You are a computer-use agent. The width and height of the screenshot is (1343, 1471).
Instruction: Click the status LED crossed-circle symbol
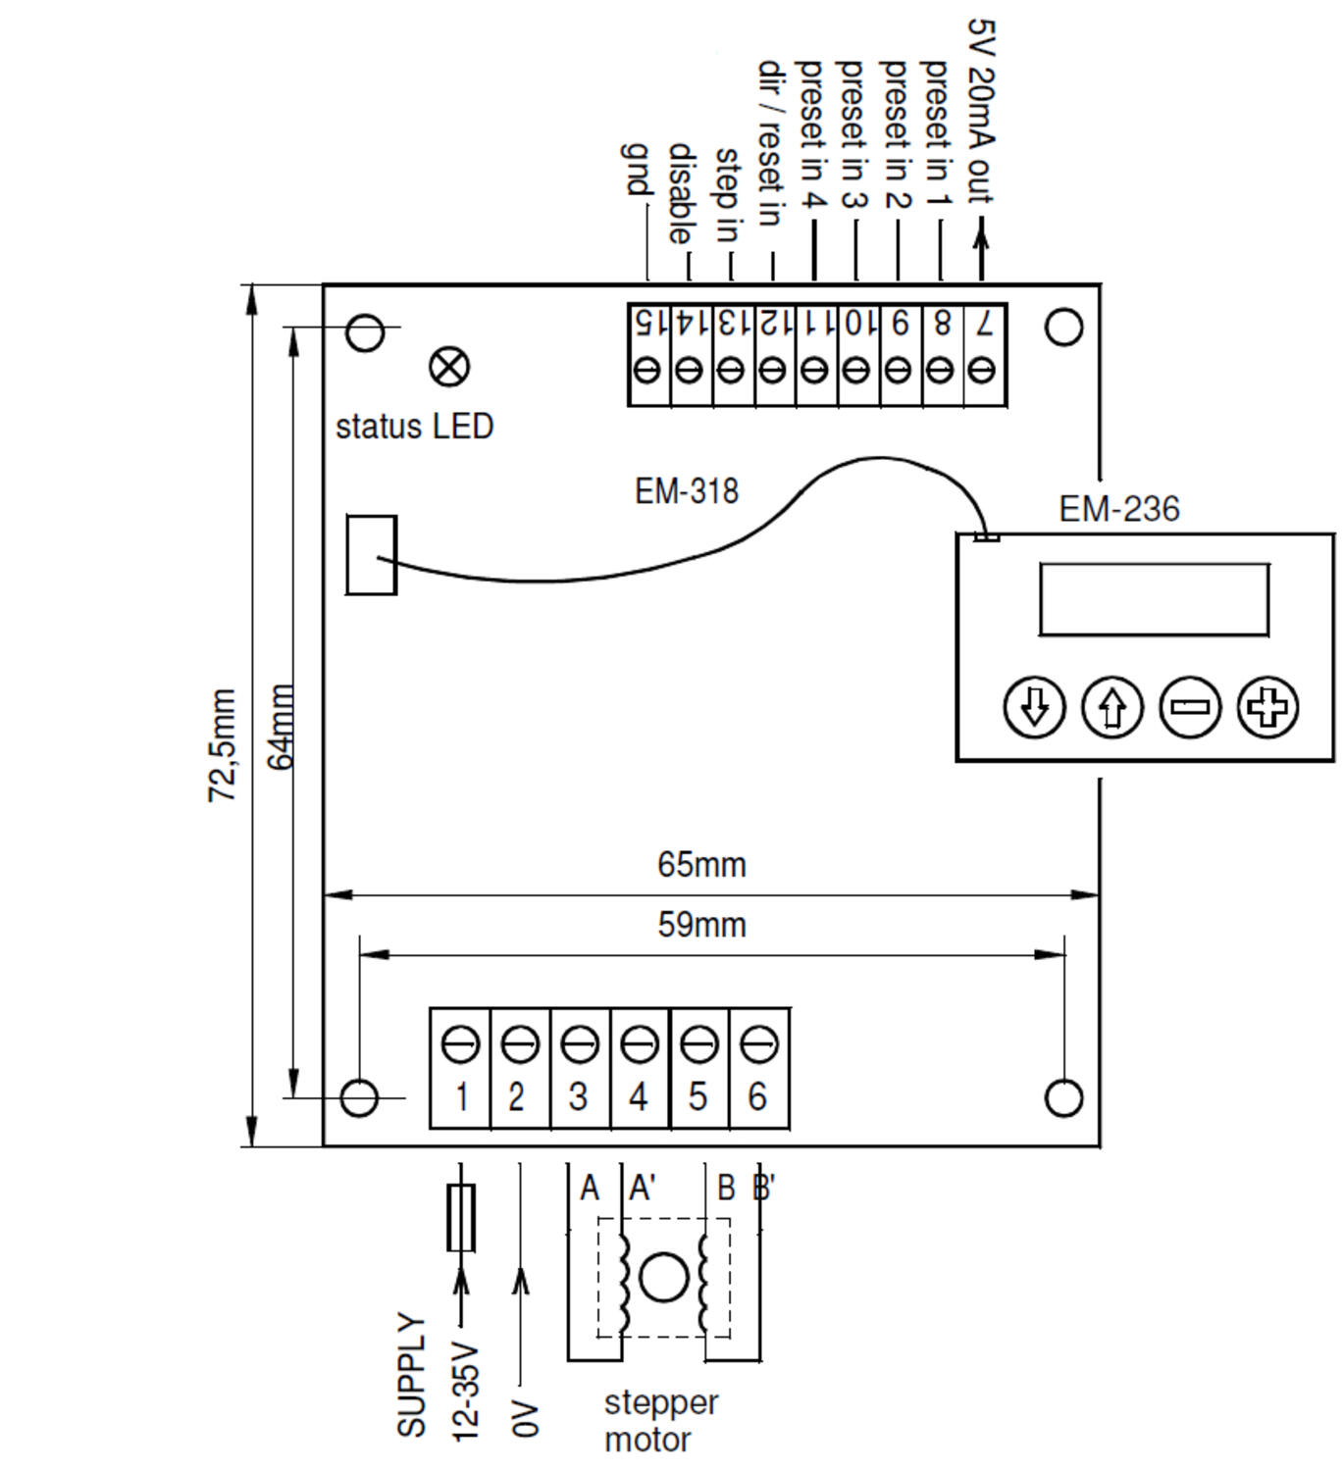449,367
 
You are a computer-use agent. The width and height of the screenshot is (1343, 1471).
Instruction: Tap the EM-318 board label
686,491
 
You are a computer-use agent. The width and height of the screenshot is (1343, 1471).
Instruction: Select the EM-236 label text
1118,509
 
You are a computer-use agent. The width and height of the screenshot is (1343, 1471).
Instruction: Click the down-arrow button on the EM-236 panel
1034,706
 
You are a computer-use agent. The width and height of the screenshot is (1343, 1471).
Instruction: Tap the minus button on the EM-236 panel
1190,706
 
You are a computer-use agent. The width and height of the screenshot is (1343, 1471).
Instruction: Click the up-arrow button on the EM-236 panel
1111,706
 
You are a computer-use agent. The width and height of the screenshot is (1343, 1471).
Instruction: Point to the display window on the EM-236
1154,599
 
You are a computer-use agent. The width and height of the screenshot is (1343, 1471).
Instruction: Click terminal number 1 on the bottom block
461,1096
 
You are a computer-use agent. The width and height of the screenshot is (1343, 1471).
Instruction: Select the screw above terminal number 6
757,1044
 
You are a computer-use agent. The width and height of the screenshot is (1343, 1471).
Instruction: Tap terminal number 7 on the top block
984,323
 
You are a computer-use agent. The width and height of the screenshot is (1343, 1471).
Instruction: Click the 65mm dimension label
701,865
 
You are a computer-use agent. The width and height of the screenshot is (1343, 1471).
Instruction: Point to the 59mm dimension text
701,925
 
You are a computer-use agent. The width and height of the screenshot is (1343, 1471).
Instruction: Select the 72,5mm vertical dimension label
223,745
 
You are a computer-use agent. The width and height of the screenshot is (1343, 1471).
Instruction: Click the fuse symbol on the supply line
461,1217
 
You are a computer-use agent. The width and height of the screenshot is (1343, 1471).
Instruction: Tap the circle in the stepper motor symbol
663,1277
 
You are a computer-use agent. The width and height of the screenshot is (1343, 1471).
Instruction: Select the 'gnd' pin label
636,169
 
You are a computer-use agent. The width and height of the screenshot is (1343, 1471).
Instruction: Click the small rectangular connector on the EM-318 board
371,554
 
